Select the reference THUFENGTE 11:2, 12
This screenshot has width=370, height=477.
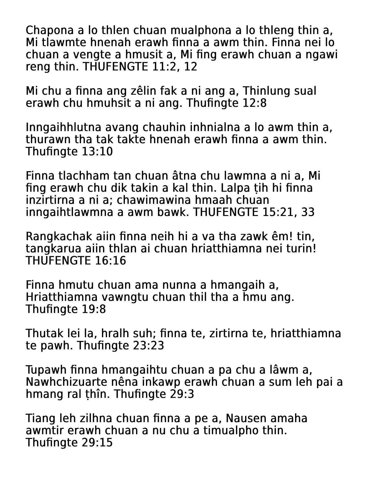pyautogui.click(x=140, y=67)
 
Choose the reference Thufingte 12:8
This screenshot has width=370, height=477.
pyautogui.click(x=226, y=103)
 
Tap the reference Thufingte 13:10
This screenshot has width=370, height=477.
pyautogui.click(x=69, y=152)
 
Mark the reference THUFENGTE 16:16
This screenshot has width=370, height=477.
pyautogui.click(x=76, y=261)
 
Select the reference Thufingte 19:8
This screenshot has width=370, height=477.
pyautogui.click(x=66, y=309)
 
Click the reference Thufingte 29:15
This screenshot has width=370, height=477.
pyautogui.click(x=69, y=443)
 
